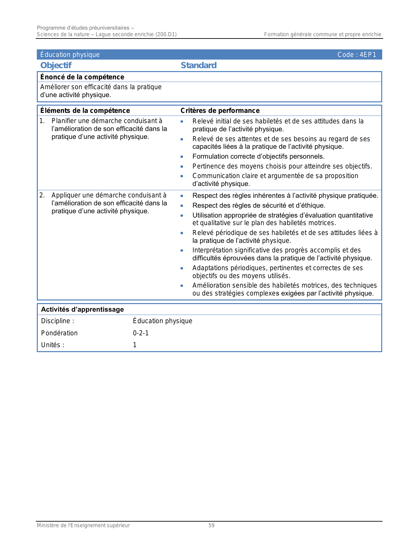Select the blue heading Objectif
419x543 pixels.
click(x=56, y=65)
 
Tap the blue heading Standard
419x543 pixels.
click(x=198, y=65)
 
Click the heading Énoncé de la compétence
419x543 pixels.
click(x=82, y=77)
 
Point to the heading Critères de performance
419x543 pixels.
click(x=220, y=111)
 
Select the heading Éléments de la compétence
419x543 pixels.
click(x=85, y=111)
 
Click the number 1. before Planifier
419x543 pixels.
click(x=42, y=121)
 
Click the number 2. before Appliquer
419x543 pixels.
click(x=42, y=195)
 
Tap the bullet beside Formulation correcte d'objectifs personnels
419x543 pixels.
click(x=182, y=157)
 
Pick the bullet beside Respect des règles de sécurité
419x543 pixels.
click(x=182, y=206)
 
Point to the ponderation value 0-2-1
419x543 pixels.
click(x=141, y=333)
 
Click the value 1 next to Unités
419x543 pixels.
click(x=135, y=345)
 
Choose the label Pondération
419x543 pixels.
click(x=59, y=333)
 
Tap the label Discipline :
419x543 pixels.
click(x=58, y=321)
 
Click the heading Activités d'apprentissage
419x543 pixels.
click(x=82, y=309)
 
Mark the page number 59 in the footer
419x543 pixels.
click(x=211, y=525)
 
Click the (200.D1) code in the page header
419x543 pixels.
click(x=166, y=34)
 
